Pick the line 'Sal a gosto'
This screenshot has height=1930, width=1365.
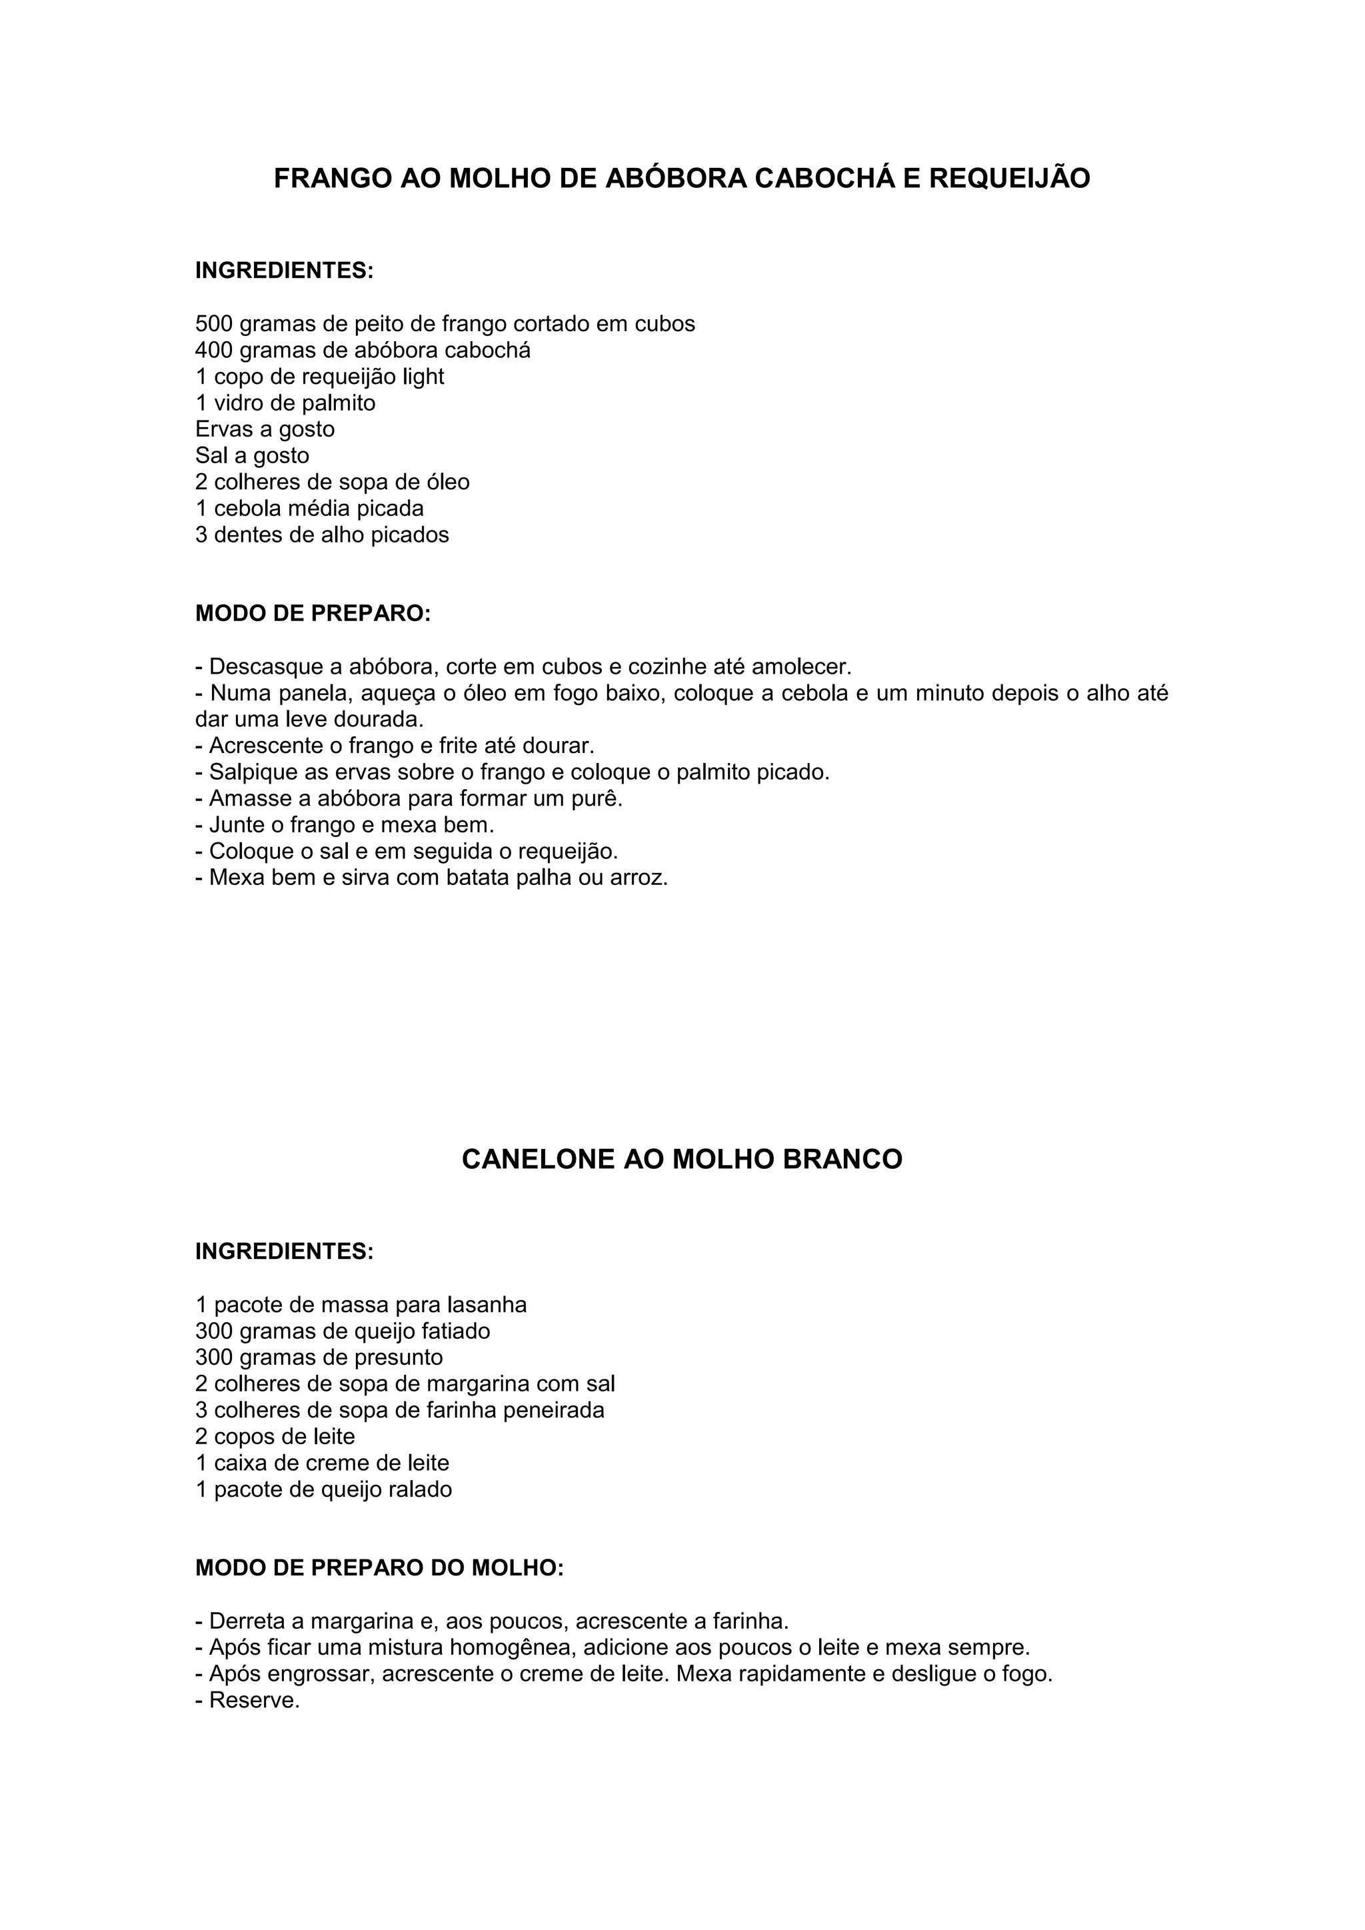[x=252, y=456]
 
